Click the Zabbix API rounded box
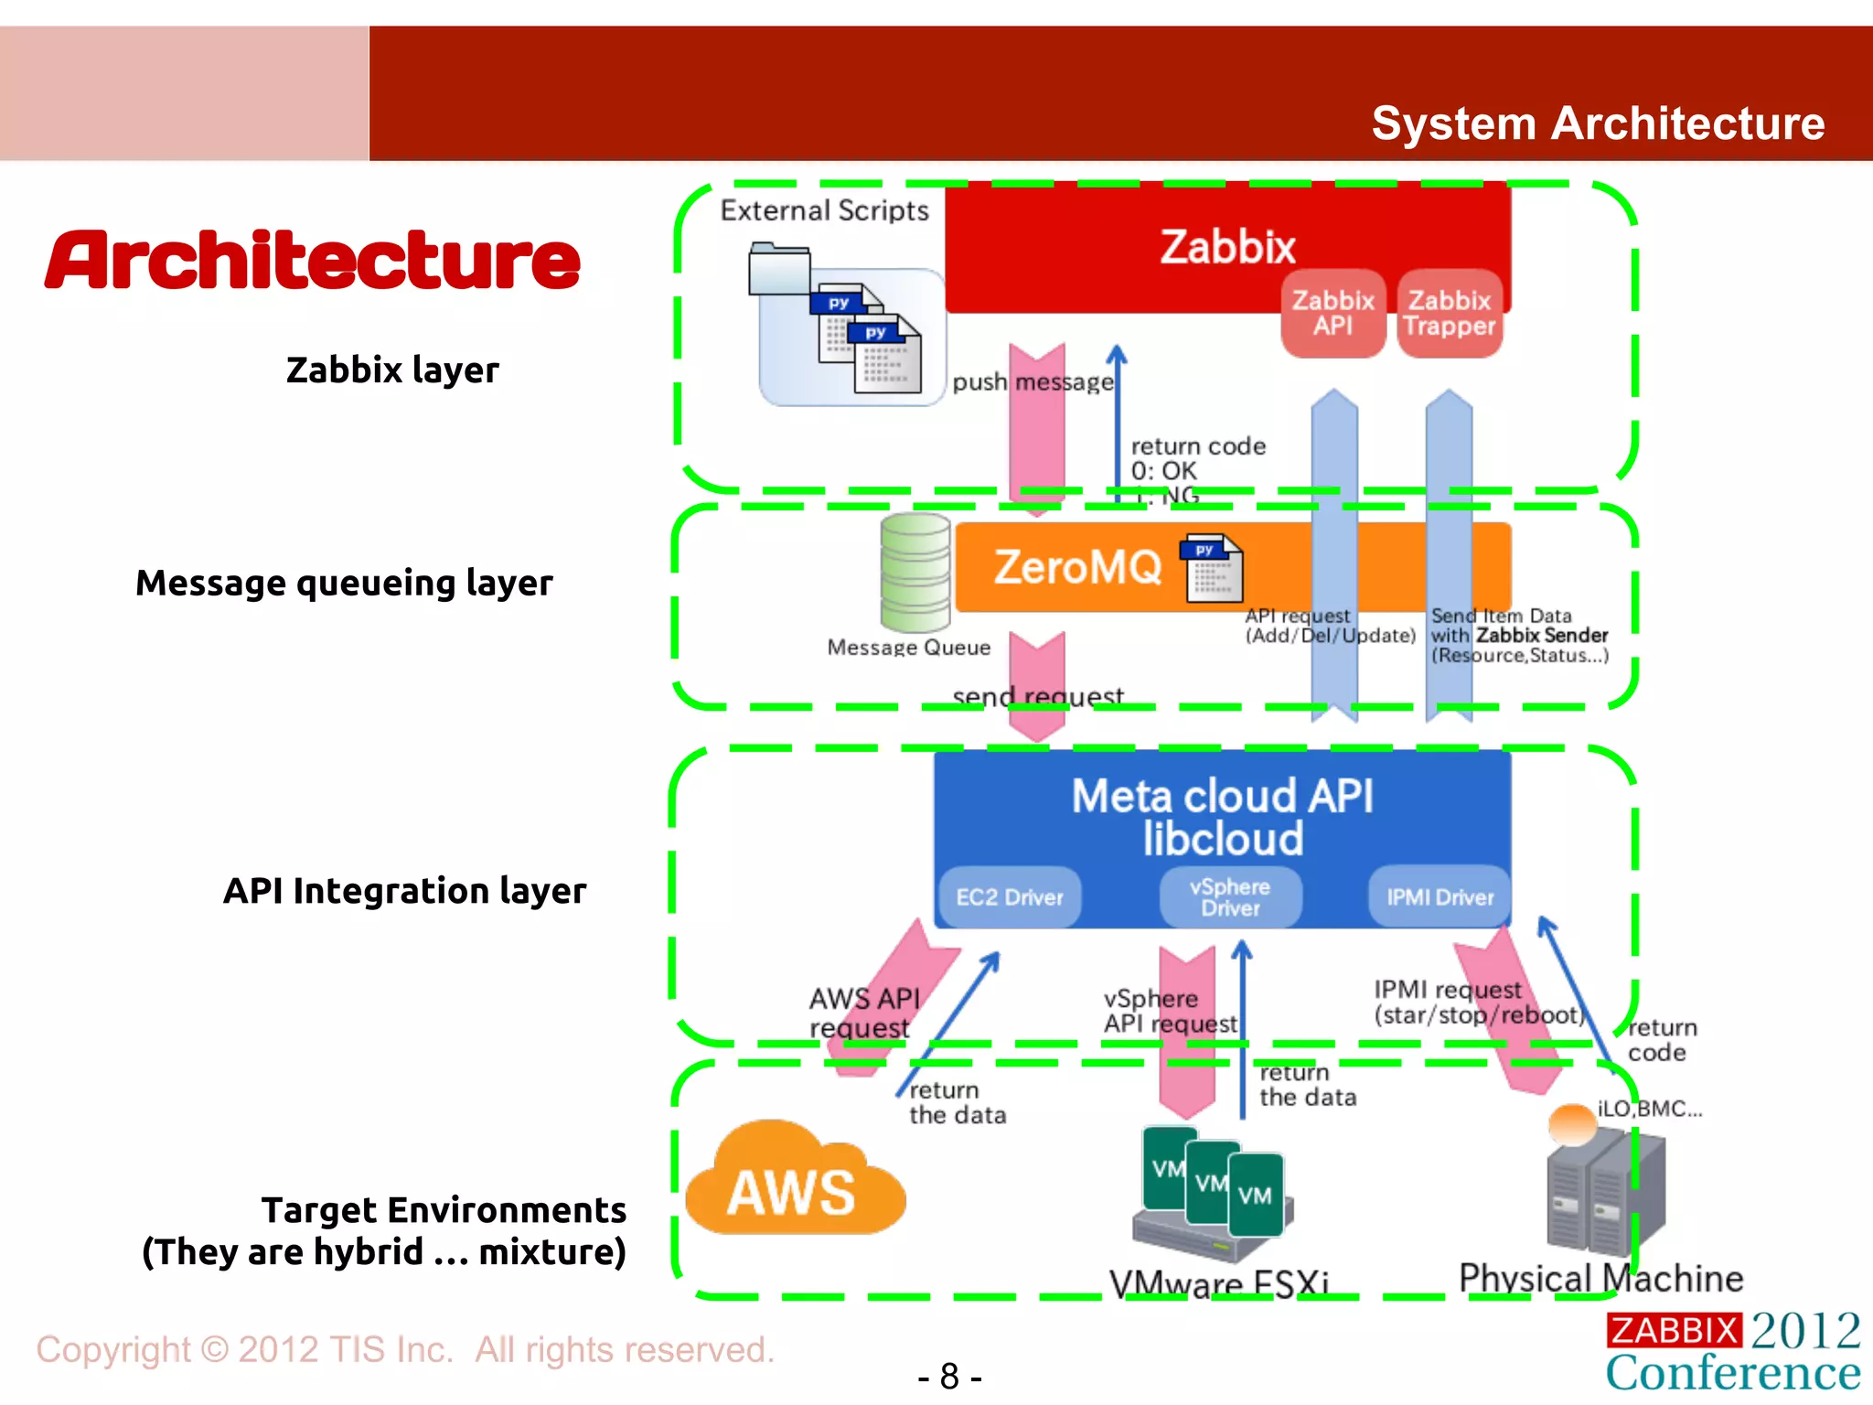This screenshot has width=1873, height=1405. point(1333,313)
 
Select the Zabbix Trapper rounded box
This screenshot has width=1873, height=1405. point(1449,313)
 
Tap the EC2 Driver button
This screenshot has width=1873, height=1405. point(1010,896)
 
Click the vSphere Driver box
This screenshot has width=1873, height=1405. point(1229,896)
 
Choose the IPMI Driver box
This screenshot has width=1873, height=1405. point(1440,896)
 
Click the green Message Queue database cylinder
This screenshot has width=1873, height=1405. point(915,573)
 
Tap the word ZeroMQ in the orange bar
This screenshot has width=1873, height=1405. point(1076,567)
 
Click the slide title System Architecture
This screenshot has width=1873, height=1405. point(1597,123)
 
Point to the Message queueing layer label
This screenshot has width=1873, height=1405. point(344,583)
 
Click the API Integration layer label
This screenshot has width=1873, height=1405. point(404,890)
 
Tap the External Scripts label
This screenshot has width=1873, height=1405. point(824,210)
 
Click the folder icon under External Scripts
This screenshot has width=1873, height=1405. point(778,269)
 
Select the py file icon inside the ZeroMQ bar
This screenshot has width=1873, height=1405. point(1214,568)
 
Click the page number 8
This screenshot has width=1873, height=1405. point(949,1376)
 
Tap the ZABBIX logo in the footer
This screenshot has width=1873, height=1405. point(1673,1330)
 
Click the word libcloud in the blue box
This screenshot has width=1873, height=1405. point(1223,839)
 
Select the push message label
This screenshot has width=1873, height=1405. point(1033,381)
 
